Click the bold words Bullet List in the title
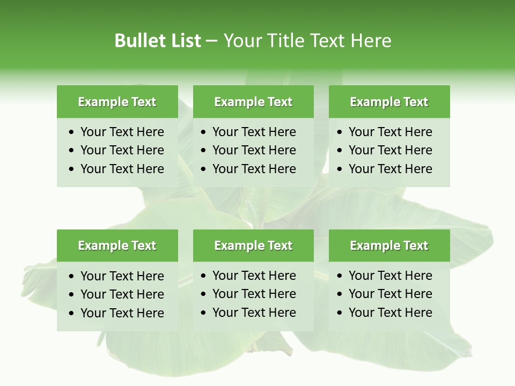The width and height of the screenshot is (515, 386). coord(158,41)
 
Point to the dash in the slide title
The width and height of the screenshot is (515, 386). coord(212,41)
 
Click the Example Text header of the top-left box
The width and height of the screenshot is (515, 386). coord(117,102)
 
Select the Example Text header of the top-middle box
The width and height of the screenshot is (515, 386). coord(253,102)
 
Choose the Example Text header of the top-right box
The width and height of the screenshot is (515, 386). coord(389,102)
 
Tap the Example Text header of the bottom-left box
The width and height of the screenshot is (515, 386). coord(117,246)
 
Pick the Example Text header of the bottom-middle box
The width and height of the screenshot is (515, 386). coord(253,246)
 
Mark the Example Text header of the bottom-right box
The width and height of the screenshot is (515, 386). coord(389,246)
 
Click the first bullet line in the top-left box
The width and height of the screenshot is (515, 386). coord(122,132)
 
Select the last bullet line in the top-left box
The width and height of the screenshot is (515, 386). coord(122,169)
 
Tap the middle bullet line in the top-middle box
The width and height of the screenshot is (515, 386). coord(254,150)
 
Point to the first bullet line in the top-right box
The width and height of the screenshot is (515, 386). coord(390,132)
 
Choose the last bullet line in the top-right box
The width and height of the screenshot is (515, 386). coord(390,169)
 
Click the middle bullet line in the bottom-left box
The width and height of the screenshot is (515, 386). coord(122,294)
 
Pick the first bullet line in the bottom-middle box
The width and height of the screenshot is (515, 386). coord(254,276)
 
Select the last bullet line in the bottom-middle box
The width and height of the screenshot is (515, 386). coord(254,313)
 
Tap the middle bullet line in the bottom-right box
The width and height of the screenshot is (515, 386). coord(390,294)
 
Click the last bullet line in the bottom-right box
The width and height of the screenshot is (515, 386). coord(390,313)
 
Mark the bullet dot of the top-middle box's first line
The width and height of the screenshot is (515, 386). coord(204,132)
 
